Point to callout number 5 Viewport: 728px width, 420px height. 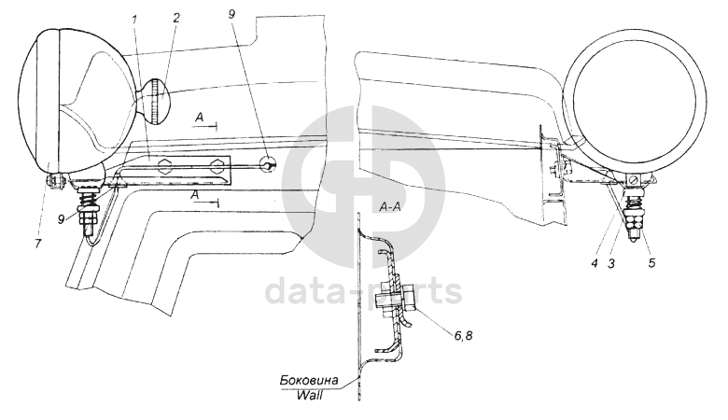652,263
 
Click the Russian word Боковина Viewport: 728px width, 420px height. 310,381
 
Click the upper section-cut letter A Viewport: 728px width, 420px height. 200,117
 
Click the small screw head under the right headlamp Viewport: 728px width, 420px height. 635,178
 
